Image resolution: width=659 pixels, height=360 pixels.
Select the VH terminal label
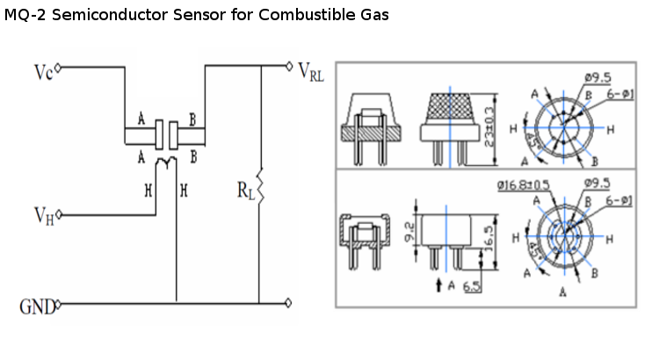click(44, 215)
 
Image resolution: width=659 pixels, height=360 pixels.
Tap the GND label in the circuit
click(37, 307)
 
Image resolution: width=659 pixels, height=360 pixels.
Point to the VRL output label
click(311, 71)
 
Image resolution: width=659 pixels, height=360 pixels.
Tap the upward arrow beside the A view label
click(438, 284)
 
